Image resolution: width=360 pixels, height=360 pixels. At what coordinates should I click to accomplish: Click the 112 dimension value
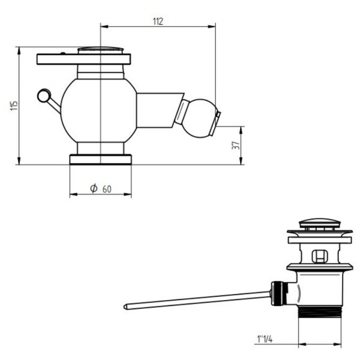tap(158, 22)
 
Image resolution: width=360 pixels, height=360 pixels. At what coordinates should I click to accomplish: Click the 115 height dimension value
tap(14, 106)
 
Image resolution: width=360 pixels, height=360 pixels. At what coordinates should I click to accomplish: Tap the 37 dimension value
tap(236, 145)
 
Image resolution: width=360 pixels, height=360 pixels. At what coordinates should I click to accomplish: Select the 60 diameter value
tap(107, 189)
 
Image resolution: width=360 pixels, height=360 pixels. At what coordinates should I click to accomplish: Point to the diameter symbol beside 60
tap(94, 188)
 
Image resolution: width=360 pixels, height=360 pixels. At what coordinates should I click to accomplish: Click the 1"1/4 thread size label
tap(265, 339)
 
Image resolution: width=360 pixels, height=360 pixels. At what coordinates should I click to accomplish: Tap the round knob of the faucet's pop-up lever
tap(44, 96)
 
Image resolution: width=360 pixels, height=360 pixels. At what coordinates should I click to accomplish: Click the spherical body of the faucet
tap(99, 110)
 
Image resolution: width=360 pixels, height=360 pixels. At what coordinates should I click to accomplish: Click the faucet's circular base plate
tap(101, 160)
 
